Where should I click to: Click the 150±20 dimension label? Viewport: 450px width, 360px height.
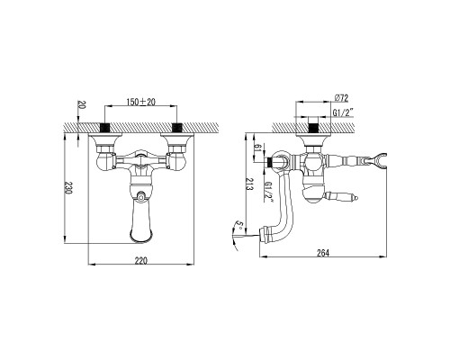[x=140, y=102]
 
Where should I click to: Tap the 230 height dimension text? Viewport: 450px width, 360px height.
[x=69, y=188]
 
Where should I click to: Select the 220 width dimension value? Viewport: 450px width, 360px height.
[x=140, y=261]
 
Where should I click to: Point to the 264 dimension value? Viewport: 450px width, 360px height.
[x=323, y=253]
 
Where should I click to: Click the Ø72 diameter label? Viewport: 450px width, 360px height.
[x=341, y=98]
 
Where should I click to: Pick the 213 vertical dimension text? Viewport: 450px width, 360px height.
[x=249, y=184]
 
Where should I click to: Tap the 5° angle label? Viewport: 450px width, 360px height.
[x=239, y=225]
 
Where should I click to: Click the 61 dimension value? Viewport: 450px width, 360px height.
[x=257, y=148]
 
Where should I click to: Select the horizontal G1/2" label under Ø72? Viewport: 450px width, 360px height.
[x=343, y=112]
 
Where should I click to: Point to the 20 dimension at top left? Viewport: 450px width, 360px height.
[x=82, y=104]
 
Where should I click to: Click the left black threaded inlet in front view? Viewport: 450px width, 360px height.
[x=104, y=128]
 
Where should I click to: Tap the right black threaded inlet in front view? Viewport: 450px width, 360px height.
[x=177, y=128]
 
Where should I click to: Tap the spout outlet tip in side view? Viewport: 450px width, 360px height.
[x=260, y=234]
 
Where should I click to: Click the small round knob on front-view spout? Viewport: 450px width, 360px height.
[x=140, y=196]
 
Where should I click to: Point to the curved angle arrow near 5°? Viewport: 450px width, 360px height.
[x=234, y=236]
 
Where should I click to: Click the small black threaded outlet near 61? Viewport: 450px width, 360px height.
[x=269, y=163]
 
